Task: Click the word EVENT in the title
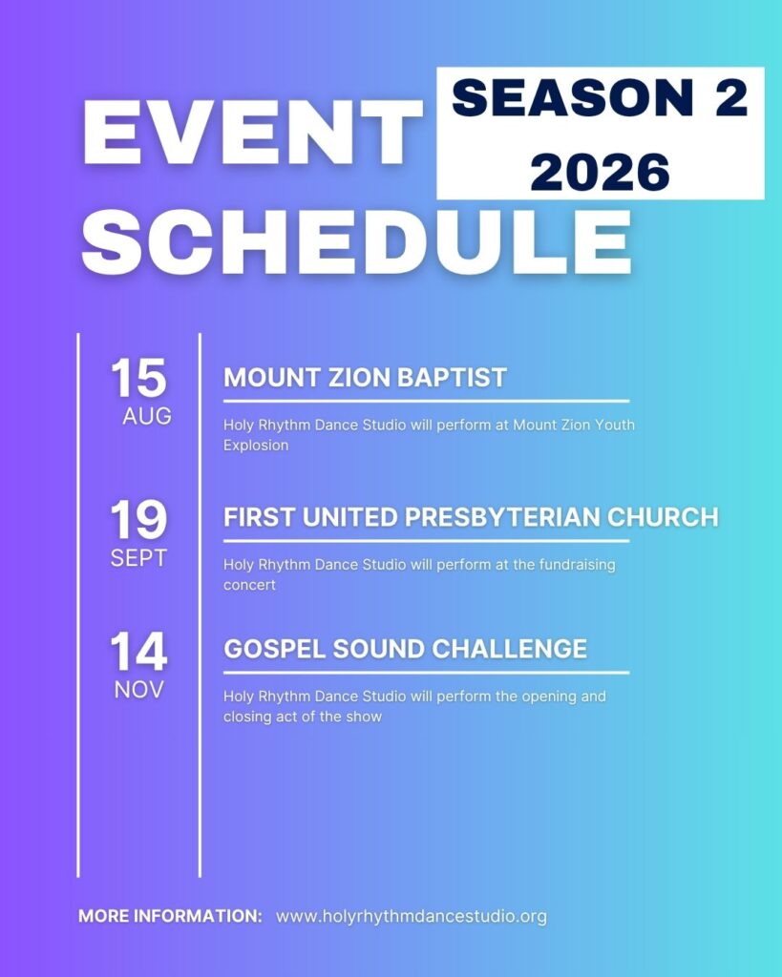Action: tap(252, 132)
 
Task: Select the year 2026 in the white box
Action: tap(600, 172)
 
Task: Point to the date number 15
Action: tap(138, 378)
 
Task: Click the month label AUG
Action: tap(146, 416)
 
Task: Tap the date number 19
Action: tap(138, 519)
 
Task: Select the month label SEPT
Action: tap(138, 557)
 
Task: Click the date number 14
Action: tap(138, 651)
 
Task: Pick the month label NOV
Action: tap(138, 690)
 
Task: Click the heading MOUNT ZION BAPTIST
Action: tap(365, 378)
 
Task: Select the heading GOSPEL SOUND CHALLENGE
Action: tap(406, 649)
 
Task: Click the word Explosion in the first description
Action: tap(256, 446)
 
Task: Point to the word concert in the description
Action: tap(249, 585)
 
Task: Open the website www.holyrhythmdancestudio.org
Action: tap(412, 917)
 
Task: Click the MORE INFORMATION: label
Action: tap(170, 916)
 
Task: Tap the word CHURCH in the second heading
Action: tap(663, 517)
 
